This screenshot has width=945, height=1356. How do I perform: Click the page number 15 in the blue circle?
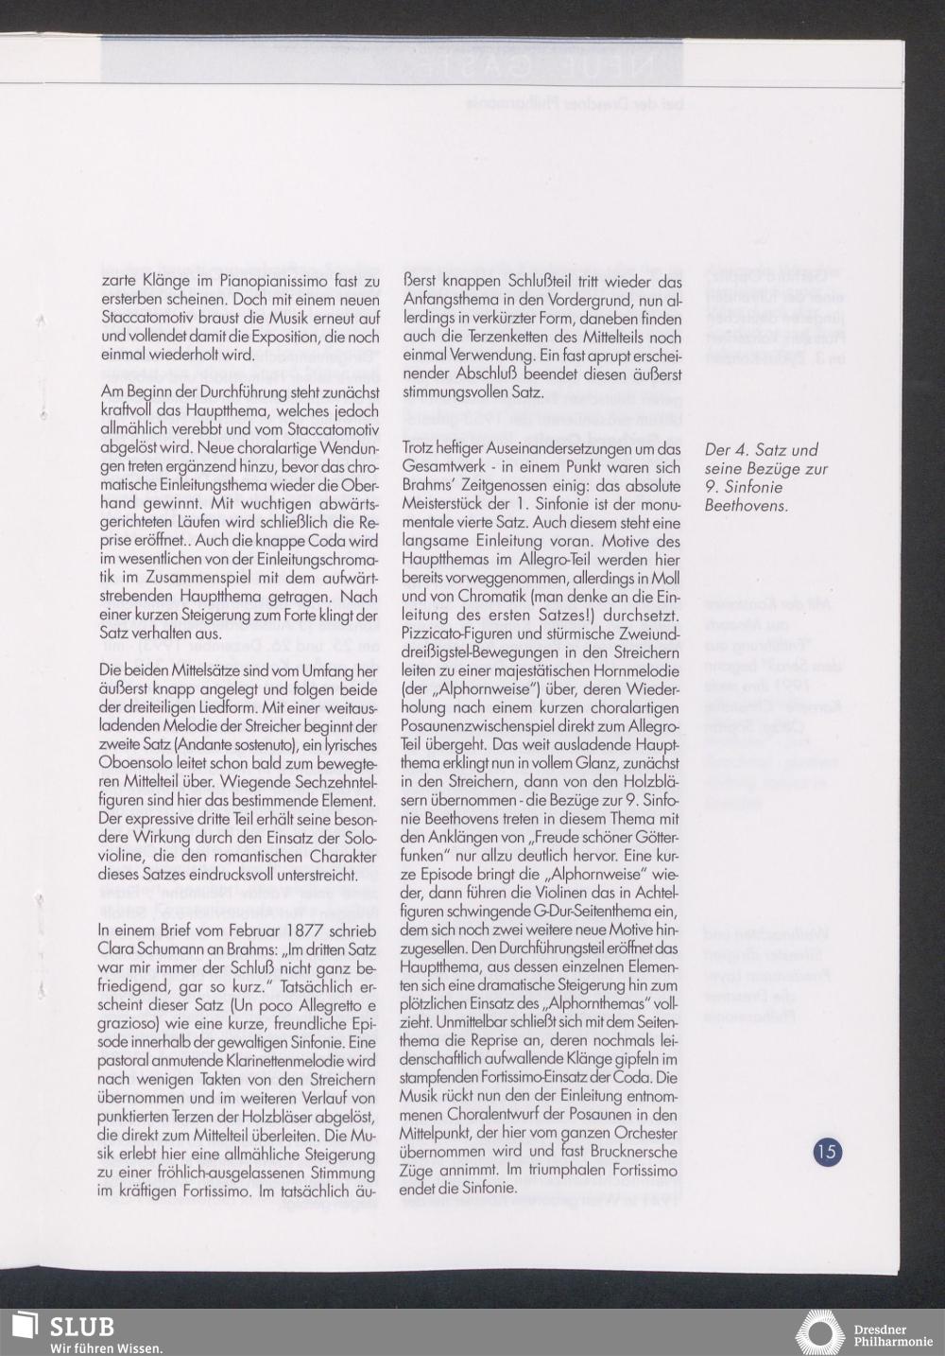(x=827, y=1152)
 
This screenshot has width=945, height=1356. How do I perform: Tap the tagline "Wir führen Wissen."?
(x=105, y=1347)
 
